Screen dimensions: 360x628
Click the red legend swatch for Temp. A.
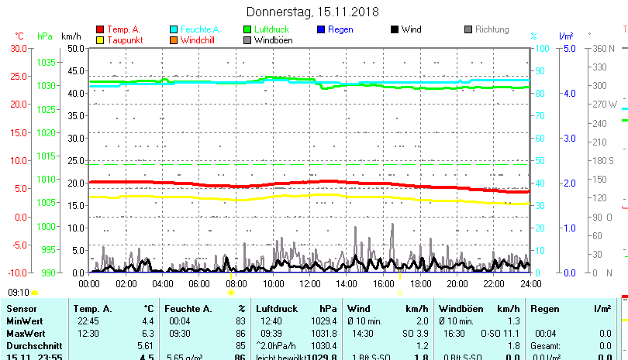[100, 29]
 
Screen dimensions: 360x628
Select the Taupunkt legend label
[125, 40]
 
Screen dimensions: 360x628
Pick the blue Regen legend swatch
[322, 29]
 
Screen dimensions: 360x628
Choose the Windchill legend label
[200, 40]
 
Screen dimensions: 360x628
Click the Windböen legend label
[274, 40]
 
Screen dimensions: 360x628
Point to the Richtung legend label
[492, 29]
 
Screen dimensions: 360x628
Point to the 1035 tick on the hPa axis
[47, 62]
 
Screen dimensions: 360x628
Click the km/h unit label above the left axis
[71, 36]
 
